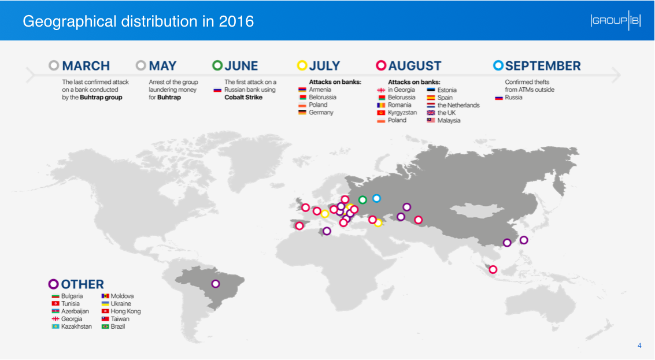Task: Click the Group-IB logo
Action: [x=615, y=20]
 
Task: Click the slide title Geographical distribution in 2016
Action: [x=138, y=21]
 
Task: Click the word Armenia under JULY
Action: [x=320, y=90]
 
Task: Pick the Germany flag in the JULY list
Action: [x=302, y=112]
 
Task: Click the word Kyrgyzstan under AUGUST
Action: [x=402, y=113]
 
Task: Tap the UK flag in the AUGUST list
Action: [x=431, y=113]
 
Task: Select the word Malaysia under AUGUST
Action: [x=449, y=121]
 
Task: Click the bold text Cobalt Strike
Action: [x=243, y=97]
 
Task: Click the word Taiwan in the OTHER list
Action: [x=120, y=319]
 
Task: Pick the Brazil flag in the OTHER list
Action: [x=105, y=326]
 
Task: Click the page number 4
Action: [x=639, y=346]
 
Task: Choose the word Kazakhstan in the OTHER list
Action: [x=76, y=326]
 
